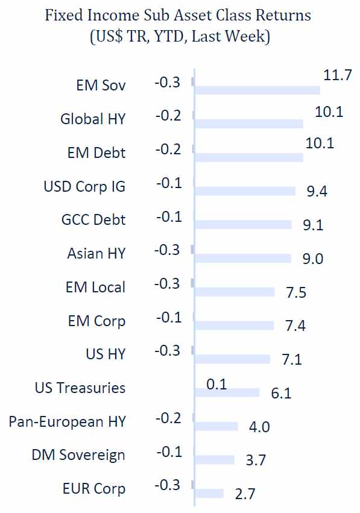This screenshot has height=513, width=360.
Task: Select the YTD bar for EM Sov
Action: point(257,90)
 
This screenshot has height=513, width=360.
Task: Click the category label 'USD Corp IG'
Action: point(85,186)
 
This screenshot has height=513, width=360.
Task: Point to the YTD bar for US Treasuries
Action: point(227,392)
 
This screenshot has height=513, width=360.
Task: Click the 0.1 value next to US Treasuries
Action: point(216,384)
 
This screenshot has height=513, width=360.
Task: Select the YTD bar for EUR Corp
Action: point(209,493)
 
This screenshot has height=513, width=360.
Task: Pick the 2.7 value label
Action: point(244,494)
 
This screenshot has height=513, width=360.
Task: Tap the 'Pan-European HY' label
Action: point(68,421)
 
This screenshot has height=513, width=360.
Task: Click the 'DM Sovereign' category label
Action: point(79,455)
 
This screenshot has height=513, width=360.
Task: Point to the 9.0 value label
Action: point(314,259)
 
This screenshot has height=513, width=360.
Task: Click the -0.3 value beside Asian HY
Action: point(168,250)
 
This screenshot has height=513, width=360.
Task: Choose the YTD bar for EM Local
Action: point(235,292)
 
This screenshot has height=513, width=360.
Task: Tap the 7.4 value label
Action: point(295,326)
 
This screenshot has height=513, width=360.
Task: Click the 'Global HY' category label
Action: point(93,119)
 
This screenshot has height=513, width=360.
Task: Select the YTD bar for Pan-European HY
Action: point(216,426)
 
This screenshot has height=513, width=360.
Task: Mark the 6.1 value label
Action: point(281,393)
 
